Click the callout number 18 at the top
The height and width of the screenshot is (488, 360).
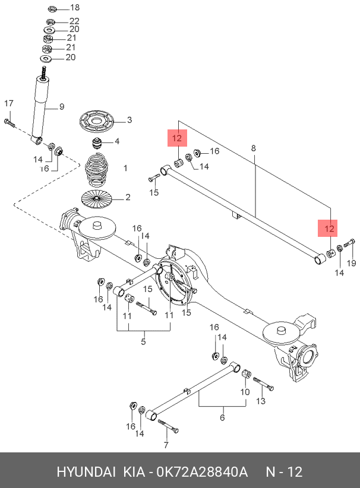(x=74, y=8)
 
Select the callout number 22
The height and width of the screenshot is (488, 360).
(x=74, y=21)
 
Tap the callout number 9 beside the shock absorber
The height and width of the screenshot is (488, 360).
(x=61, y=107)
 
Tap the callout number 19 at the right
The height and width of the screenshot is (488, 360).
(x=350, y=263)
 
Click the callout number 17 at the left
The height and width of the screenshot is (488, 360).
(x=8, y=104)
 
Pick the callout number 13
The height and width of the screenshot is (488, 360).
(x=260, y=402)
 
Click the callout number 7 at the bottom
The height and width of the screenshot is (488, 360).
(x=166, y=445)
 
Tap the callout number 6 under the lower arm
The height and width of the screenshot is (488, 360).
(x=222, y=417)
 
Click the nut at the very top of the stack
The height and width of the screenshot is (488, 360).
(x=51, y=8)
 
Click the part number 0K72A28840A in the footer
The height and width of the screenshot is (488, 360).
(x=202, y=472)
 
